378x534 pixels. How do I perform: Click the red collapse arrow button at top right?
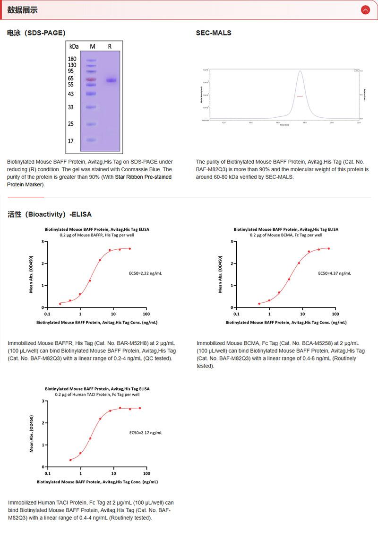coord(365,9)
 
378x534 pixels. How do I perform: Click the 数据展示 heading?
coord(23,10)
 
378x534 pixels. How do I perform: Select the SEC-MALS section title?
coord(214,33)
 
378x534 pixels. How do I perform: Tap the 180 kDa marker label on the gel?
coord(72,59)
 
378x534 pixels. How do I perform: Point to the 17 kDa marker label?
coord(71,141)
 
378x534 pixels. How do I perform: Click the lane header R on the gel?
coord(110,46)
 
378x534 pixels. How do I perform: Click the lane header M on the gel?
coord(93,46)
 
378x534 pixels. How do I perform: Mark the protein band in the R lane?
coord(111,80)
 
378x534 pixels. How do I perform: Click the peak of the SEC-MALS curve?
coord(300,71)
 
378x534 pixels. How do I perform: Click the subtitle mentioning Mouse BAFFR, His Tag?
coord(97,235)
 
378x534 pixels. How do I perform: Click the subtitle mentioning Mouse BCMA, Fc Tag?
coord(286,235)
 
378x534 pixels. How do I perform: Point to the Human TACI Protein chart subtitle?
coord(97,394)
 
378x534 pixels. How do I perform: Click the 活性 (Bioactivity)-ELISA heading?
coord(50,214)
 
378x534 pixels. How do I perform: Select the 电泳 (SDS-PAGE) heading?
coord(36,33)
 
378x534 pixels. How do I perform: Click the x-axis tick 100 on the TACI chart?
coord(146,473)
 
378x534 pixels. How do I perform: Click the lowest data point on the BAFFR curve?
coord(60,304)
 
